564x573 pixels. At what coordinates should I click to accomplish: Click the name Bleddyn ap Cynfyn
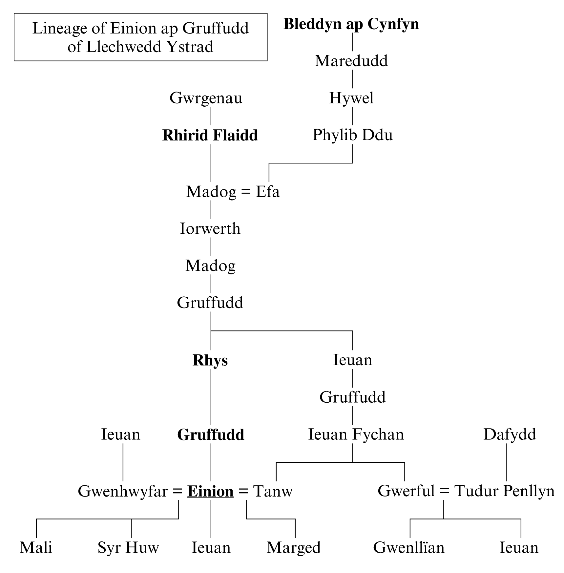point(351,24)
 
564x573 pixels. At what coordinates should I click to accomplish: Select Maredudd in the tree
point(351,61)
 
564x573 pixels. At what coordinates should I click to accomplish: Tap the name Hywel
point(351,98)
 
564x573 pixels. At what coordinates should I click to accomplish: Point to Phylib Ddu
point(352,135)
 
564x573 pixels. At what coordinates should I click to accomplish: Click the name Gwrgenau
point(206,98)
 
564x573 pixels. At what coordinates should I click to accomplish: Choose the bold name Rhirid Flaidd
point(210,136)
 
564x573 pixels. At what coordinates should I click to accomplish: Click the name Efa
point(268,192)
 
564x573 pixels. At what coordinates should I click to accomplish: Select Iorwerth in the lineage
point(210,229)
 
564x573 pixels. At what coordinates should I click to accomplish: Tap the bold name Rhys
point(210,360)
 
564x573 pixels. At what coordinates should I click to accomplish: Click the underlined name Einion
point(210,491)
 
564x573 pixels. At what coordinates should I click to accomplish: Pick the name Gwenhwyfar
point(123,491)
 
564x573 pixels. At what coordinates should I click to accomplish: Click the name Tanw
point(273,491)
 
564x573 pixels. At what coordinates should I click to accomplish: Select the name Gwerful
point(406,491)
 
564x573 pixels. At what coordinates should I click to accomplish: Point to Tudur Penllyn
point(504,491)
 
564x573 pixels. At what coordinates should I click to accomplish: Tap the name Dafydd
point(510,435)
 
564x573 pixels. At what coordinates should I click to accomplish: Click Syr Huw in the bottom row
point(128,548)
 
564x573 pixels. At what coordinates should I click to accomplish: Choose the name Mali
point(36,548)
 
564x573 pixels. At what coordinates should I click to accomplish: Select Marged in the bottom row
point(294,548)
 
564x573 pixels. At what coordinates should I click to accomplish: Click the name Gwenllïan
point(409,548)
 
